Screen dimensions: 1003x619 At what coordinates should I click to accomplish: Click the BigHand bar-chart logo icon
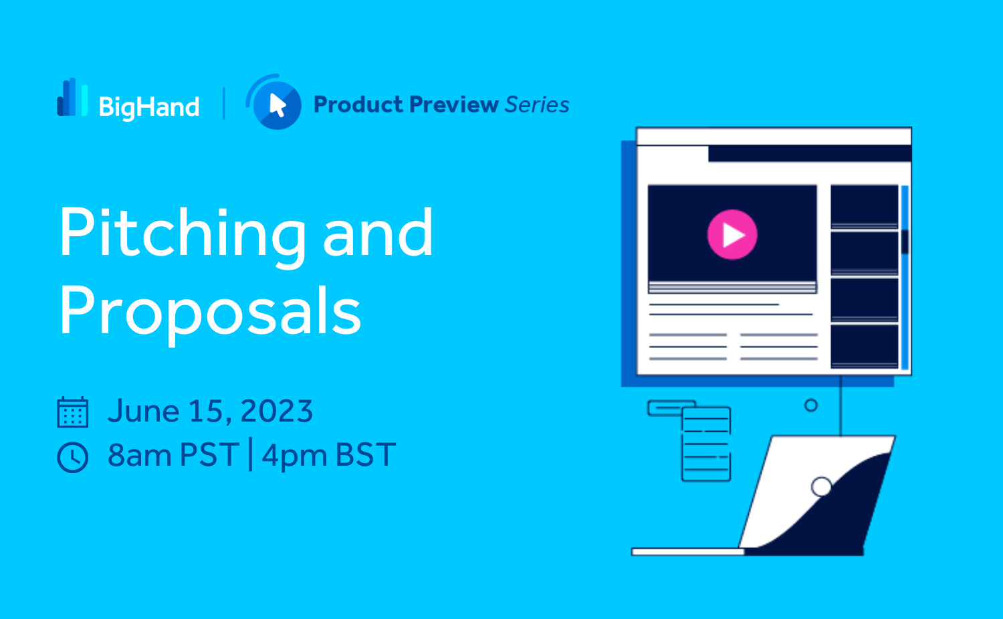pos(72,97)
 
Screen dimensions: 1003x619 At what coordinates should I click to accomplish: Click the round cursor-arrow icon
pos(274,102)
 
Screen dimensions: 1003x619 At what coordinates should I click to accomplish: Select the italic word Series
pos(537,105)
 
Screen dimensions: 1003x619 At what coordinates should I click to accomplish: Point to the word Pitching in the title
pos(182,236)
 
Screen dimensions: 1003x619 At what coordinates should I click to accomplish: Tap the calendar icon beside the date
pos(72,412)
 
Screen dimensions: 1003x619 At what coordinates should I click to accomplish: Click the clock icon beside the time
pos(72,457)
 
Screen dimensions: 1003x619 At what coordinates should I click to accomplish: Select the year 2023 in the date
pos(276,411)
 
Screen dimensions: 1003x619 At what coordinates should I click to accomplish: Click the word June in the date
pos(144,411)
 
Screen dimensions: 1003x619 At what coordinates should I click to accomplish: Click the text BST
pos(366,454)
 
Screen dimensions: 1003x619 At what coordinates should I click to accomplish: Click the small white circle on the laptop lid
pos(822,487)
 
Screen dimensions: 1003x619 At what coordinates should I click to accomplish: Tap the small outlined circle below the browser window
pos(811,406)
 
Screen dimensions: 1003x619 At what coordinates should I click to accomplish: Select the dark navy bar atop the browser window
pos(810,154)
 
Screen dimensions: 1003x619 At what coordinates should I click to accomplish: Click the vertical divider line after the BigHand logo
pos(224,104)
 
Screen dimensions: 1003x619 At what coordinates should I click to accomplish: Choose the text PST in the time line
pos(209,454)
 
